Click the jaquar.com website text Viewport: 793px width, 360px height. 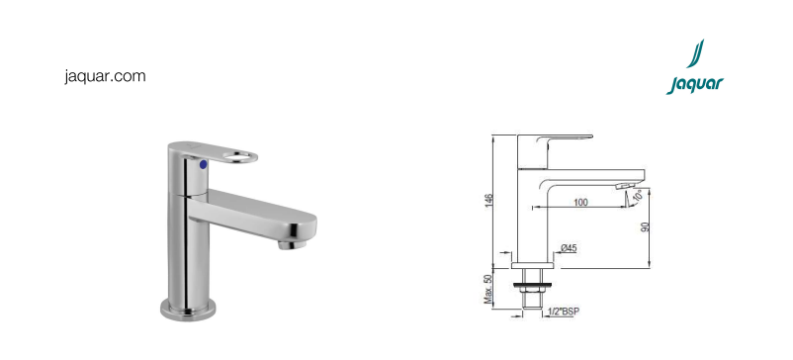coord(105,77)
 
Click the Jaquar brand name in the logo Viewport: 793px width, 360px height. coord(695,85)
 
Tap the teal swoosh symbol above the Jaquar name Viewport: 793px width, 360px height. coord(695,53)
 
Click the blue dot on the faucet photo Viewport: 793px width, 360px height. coord(204,164)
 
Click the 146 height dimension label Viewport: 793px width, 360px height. coord(489,201)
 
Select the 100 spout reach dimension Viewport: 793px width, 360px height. coord(580,202)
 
